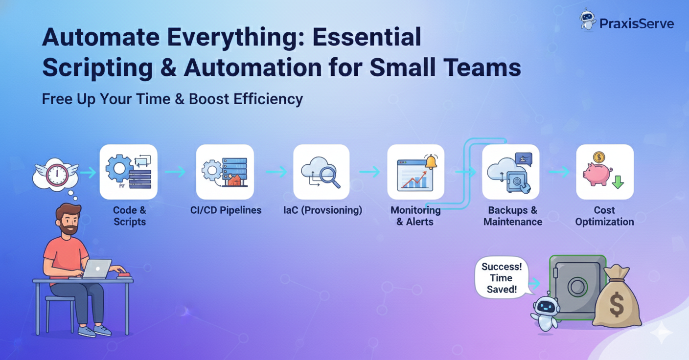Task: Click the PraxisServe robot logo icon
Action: [x=588, y=20]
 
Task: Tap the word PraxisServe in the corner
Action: [x=637, y=23]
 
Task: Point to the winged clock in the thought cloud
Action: [x=57, y=174]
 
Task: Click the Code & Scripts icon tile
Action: [x=129, y=172]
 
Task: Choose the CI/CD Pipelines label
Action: [x=226, y=210]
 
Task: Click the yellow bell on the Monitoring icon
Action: [x=431, y=161]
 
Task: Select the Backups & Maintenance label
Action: [x=513, y=216]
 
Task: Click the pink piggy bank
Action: [x=597, y=174]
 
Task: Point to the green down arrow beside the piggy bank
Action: [x=618, y=181]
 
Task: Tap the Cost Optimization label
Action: [x=604, y=216]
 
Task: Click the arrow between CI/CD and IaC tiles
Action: [x=276, y=172]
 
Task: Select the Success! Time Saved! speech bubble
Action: [x=502, y=278]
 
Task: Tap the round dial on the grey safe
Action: [x=577, y=287]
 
